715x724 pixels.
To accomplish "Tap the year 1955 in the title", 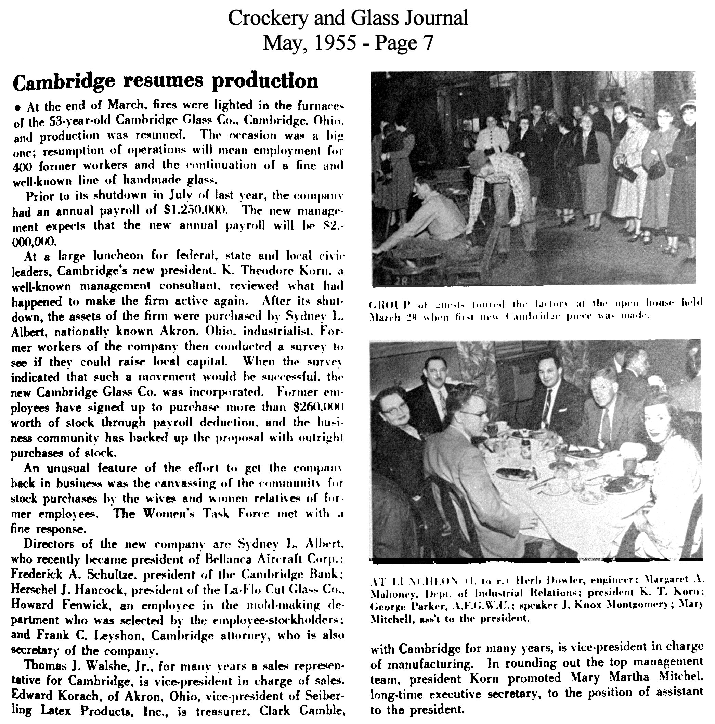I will click(x=335, y=43).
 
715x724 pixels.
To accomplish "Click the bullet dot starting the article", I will click(x=17, y=108).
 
